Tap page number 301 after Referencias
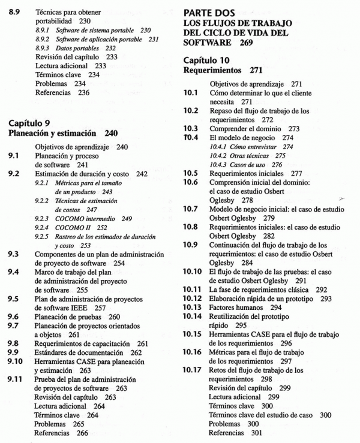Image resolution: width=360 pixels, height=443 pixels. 256,432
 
